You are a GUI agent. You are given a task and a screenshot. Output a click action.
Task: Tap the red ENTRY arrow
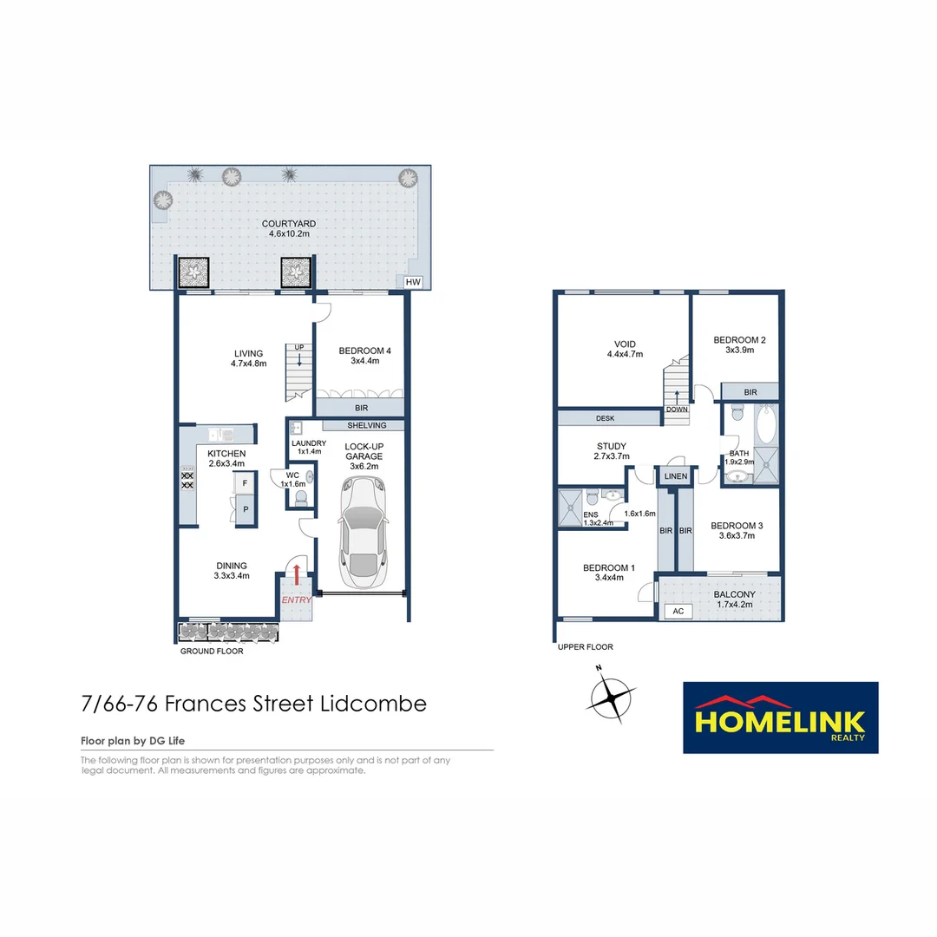tap(297, 574)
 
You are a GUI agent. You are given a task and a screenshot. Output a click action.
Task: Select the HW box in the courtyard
tap(412, 282)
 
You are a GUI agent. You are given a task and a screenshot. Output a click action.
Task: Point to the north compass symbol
tap(613, 694)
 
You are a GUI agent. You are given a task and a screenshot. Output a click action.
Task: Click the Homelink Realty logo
tap(781, 717)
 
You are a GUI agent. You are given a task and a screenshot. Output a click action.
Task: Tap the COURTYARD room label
tap(289, 224)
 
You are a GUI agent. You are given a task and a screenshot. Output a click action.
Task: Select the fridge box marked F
tap(246, 483)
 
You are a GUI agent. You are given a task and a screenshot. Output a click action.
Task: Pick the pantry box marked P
tap(246, 510)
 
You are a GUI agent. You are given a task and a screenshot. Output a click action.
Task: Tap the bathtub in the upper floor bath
tap(766, 428)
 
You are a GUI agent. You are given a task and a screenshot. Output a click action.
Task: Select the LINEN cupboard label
tap(676, 477)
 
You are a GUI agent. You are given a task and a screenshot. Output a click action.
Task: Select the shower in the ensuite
tap(572, 508)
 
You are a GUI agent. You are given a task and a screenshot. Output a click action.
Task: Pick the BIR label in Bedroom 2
tap(750, 393)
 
